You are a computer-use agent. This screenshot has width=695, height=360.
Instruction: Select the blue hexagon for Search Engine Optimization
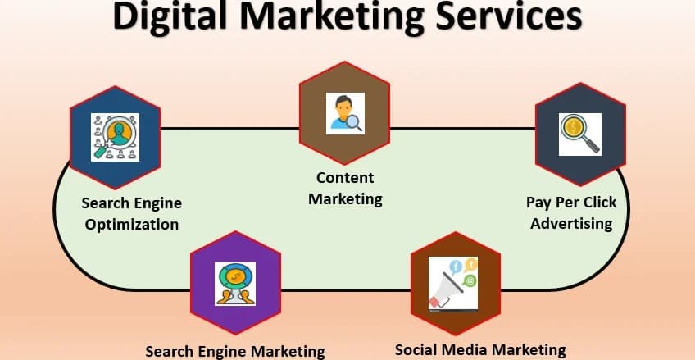tap(116, 138)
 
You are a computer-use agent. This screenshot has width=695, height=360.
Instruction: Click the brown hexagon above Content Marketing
tap(345, 113)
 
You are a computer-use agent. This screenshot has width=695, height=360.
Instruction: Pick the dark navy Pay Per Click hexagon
tap(580, 134)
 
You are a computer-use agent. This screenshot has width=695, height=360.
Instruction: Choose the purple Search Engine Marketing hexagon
tap(235, 283)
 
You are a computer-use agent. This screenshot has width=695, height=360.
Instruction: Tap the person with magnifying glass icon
tap(345, 113)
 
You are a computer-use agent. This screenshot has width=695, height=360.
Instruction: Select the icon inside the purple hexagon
tap(235, 284)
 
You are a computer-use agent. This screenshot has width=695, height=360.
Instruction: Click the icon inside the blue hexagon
tap(116, 137)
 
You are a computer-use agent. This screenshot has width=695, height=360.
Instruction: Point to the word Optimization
tap(132, 225)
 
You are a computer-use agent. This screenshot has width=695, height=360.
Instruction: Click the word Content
tap(345, 178)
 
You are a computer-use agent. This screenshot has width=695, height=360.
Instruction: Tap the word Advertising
tap(571, 223)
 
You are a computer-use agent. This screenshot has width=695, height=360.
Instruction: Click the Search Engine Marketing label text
tap(235, 352)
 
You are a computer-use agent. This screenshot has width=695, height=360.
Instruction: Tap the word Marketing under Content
tap(345, 199)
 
